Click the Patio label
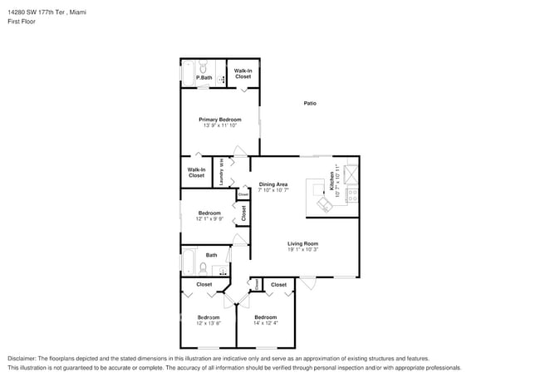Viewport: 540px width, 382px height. click(309, 104)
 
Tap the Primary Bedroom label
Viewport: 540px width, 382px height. click(219, 120)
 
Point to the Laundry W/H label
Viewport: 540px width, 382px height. click(222, 173)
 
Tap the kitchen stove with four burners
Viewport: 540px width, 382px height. click(351, 197)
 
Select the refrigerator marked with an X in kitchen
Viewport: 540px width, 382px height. click(351, 174)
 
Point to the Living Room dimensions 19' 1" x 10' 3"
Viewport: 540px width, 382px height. click(303, 249)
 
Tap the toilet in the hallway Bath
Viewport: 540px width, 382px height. click(204, 267)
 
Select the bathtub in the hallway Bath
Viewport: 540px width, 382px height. click(189, 262)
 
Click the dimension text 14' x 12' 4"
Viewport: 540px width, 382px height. click(265, 323)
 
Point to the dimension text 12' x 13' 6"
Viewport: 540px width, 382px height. click(209, 323)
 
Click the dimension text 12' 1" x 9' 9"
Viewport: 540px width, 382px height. click(209, 219)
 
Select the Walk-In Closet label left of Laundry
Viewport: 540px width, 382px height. click(196, 173)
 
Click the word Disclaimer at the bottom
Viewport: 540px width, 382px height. click(22, 357)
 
